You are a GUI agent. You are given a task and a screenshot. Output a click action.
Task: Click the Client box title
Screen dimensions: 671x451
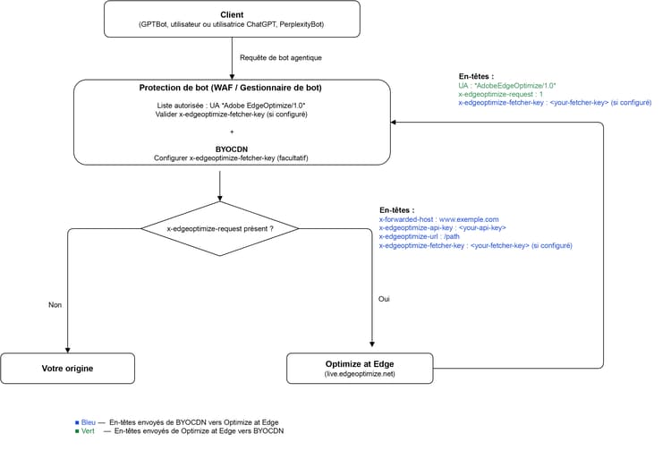[x=232, y=14]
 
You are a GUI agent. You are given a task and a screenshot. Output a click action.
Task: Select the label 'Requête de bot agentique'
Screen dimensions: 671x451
[x=281, y=58]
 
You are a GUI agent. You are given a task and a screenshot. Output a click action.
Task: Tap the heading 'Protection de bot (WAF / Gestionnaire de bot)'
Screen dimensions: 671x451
[x=230, y=88]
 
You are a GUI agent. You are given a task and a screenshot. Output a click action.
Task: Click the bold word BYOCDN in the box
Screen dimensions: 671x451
[x=232, y=149]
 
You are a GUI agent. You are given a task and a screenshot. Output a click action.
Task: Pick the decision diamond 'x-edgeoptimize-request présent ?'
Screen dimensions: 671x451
[x=220, y=229]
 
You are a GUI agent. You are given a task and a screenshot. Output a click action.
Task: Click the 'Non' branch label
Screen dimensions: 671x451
[x=55, y=304]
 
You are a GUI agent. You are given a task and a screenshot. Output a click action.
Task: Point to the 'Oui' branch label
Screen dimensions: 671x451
[x=384, y=299]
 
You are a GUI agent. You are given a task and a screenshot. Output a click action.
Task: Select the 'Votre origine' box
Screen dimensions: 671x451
[x=68, y=369]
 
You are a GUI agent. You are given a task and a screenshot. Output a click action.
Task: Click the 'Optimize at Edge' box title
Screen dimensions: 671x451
[x=360, y=364]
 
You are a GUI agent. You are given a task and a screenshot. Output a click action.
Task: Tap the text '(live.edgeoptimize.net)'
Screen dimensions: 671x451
[x=360, y=374]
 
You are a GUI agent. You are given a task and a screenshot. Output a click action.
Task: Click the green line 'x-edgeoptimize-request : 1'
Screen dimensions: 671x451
[x=500, y=94]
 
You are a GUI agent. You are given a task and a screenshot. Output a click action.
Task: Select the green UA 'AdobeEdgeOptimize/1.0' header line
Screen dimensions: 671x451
[x=507, y=86]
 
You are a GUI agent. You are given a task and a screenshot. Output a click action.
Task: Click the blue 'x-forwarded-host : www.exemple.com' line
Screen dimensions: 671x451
[x=438, y=219]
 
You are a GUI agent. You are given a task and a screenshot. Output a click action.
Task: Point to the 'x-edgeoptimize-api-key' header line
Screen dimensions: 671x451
[x=443, y=228]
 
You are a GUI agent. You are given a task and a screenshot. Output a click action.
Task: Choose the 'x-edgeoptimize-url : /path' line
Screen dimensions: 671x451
[x=419, y=236]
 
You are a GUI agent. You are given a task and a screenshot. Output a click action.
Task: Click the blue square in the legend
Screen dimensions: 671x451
[x=77, y=422]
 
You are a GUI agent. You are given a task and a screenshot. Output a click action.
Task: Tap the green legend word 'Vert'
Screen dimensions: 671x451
[x=88, y=431]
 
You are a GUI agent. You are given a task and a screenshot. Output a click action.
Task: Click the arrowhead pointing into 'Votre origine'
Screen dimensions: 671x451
[x=68, y=350]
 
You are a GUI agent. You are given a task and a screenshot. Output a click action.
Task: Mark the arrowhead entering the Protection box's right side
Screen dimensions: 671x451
[x=394, y=123]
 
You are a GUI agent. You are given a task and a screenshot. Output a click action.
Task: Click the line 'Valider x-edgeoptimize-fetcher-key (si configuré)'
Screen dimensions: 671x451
[x=231, y=115]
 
